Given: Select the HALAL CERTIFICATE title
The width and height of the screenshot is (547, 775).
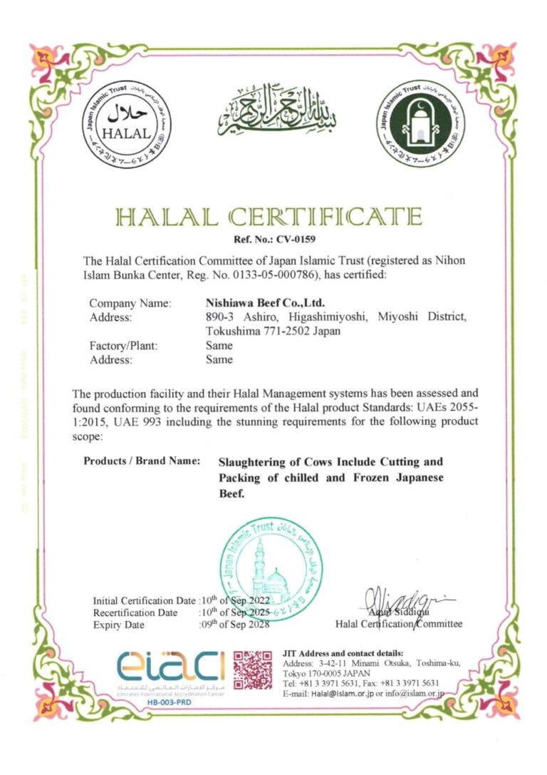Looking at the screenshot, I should tap(274, 216).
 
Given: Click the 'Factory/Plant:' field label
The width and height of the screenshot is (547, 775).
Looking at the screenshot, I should tap(123, 345).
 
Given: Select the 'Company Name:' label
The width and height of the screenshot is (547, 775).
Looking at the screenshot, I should tap(130, 302).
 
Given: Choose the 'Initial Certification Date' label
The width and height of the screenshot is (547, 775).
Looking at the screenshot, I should tap(144, 600).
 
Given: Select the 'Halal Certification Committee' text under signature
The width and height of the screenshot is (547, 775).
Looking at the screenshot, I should tap(398, 624).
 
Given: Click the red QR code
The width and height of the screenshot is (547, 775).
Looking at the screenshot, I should tap(252, 669).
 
